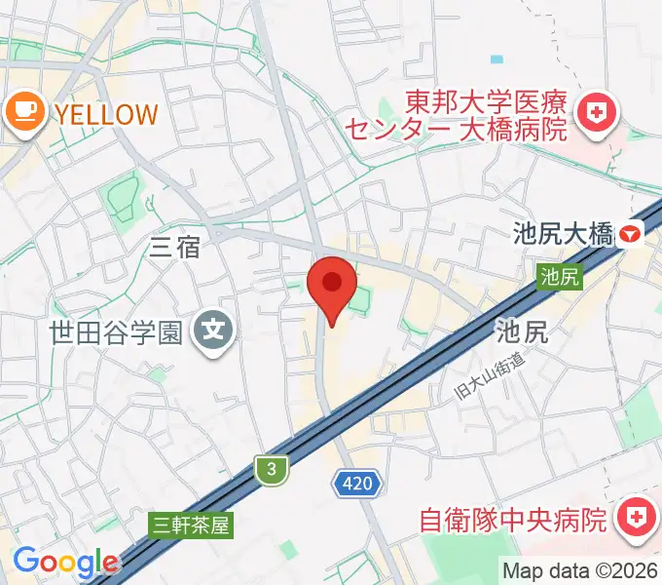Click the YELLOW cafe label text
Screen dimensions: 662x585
pos(105,114)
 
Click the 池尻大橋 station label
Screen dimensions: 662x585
pos(564,234)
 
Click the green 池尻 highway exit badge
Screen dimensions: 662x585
pos(560,277)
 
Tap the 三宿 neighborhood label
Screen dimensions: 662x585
pos(175,248)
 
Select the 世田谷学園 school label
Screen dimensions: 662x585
pos(116,332)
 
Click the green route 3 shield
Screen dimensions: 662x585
pos(273,470)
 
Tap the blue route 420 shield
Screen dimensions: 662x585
pos(356,481)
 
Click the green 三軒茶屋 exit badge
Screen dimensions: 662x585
pos(193,526)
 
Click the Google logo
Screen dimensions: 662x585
pos(65,562)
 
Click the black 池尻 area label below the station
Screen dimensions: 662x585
pos(522,331)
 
